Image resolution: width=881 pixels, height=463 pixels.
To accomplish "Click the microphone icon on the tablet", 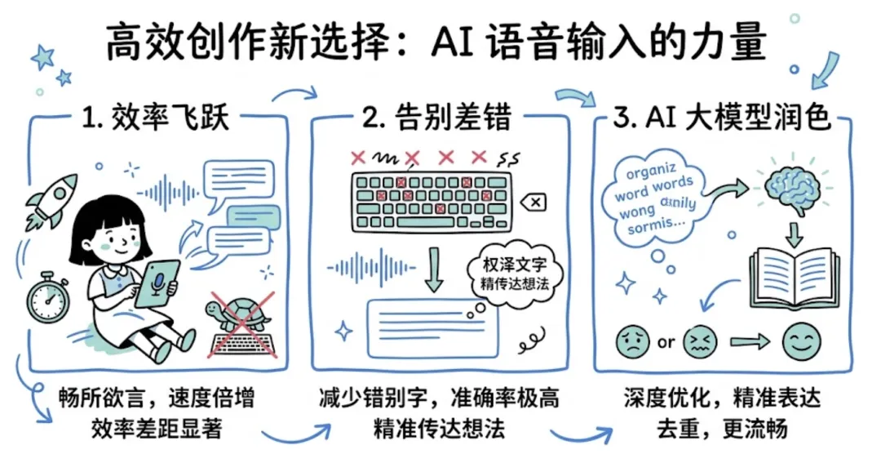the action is [x=157, y=282].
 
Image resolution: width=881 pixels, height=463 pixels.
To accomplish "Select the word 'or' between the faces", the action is [x=666, y=342].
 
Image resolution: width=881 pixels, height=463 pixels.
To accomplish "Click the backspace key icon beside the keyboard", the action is [x=537, y=201].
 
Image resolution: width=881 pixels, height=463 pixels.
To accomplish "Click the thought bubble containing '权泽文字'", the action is [x=513, y=273].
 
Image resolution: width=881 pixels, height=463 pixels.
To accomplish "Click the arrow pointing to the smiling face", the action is [x=744, y=342].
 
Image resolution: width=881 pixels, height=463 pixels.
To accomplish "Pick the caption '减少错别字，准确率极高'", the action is [x=440, y=399].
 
